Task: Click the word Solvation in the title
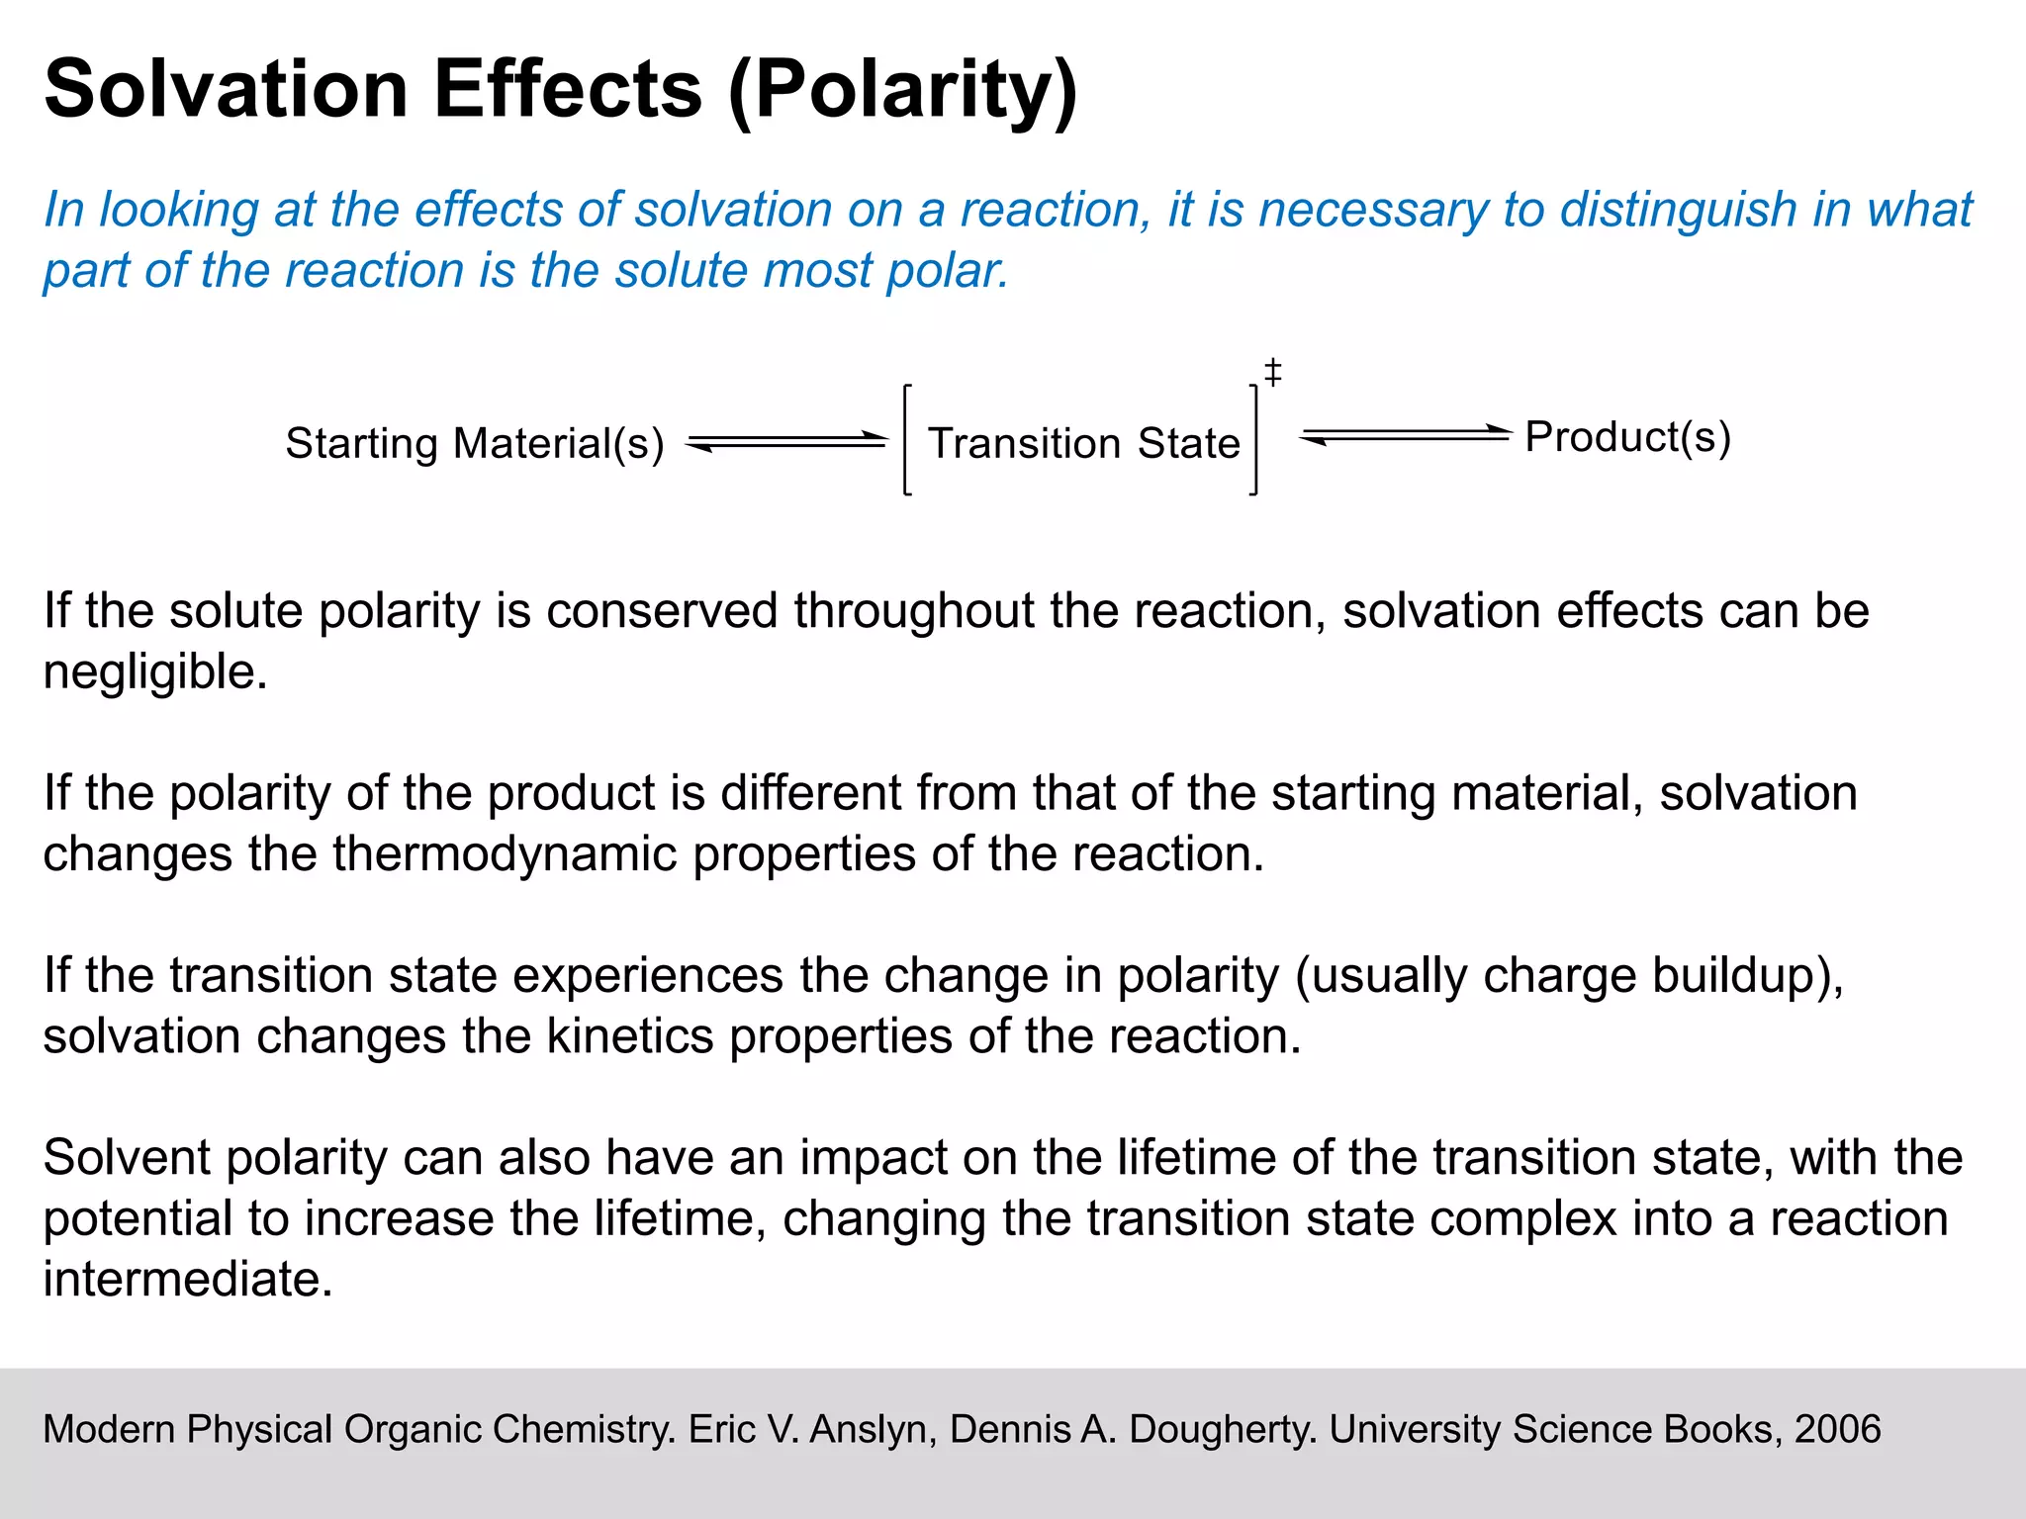(227, 89)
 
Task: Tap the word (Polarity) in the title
(902, 91)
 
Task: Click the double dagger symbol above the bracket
(1273, 372)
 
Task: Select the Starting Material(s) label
(475, 443)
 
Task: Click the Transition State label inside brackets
(1083, 443)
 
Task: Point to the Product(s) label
(1627, 437)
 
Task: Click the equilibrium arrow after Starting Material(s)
(787, 441)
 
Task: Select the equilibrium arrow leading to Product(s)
(1405, 435)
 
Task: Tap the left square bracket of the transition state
(906, 440)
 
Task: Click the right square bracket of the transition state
(1254, 440)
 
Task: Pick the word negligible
(155, 672)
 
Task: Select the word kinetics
(630, 1036)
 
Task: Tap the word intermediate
(187, 1280)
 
